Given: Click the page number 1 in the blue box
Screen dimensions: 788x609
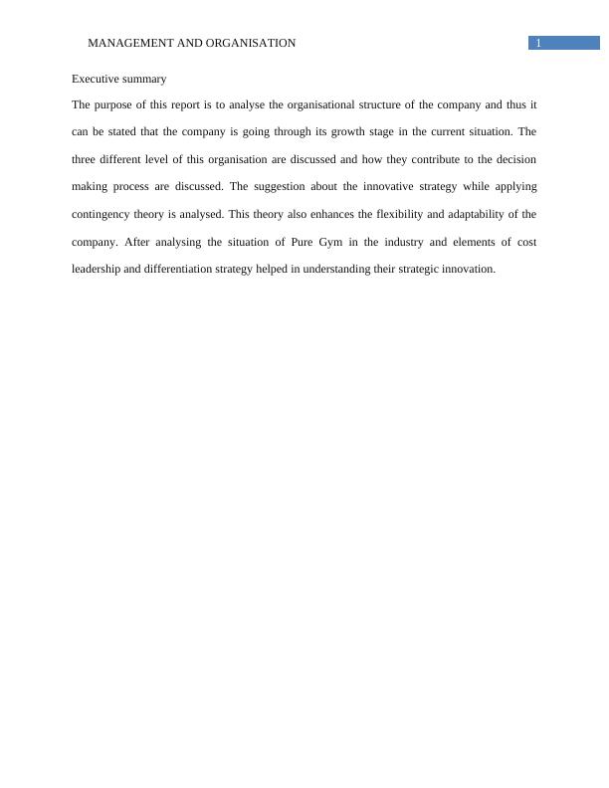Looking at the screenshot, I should [538, 43].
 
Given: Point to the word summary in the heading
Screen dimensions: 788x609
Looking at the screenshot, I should [145, 79].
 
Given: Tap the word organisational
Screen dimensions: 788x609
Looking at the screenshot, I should [304, 103].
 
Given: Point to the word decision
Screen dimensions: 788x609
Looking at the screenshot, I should [513, 159].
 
